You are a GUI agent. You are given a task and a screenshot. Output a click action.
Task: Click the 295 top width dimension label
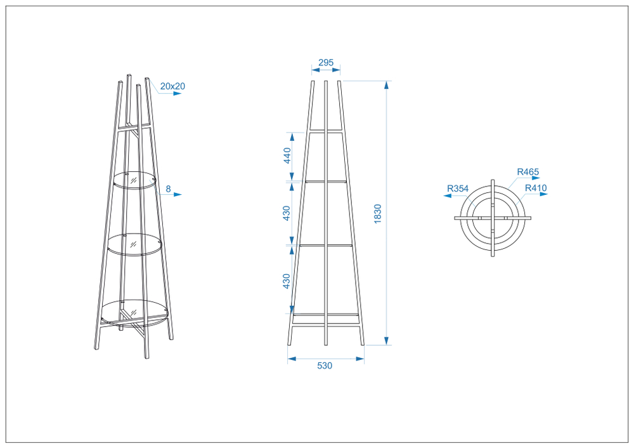point(326,62)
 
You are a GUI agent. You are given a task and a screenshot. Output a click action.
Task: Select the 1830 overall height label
point(378,214)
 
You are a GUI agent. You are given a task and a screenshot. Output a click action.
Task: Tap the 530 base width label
point(325,366)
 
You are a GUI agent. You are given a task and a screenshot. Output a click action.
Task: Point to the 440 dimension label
point(287,155)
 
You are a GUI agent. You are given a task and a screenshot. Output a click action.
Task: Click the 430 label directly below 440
point(287,213)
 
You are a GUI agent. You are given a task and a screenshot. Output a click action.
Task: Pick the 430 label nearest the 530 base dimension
point(287,281)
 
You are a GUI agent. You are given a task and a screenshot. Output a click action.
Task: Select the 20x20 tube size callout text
point(172,86)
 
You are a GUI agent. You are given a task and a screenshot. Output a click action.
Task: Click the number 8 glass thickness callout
point(168,188)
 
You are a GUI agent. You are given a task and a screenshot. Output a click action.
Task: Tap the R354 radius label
point(458,188)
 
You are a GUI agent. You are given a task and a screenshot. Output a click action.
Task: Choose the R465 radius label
point(528,172)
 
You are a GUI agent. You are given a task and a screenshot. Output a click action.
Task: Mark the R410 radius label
point(536,188)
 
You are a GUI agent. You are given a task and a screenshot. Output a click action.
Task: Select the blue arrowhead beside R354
point(448,196)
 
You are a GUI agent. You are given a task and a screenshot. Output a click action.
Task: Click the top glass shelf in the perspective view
point(134,180)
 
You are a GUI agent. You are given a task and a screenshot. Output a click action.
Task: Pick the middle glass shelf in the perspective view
point(134,244)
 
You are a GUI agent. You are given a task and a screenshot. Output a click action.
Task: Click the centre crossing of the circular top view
point(493,218)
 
